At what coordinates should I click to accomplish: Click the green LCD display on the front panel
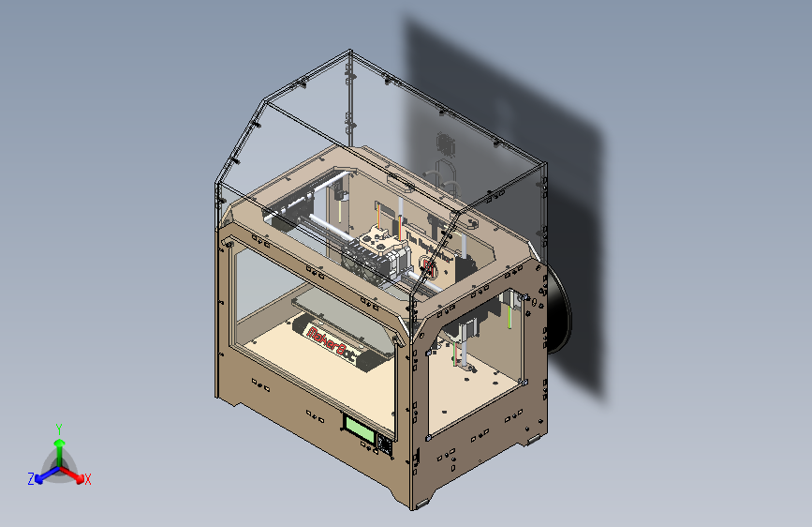click(x=360, y=429)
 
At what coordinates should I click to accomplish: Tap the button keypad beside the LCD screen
click(x=385, y=442)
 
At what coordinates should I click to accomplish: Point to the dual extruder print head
click(x=379, y=251)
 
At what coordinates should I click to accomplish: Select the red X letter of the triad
click(x=88, y=480)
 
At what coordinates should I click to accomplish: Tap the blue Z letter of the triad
click(x=31, y=479)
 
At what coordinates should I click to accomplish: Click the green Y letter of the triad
click(x=59, y=427)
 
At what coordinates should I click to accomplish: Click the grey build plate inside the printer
click(x=337, y=319)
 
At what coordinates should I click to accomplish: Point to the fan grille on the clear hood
click(x=447, y=145)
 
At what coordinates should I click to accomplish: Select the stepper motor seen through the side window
click(x=465, y=328)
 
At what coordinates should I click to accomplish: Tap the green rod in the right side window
click(x=509, y=314)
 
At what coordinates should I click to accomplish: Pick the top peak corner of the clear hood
click(x=349, y=54)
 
